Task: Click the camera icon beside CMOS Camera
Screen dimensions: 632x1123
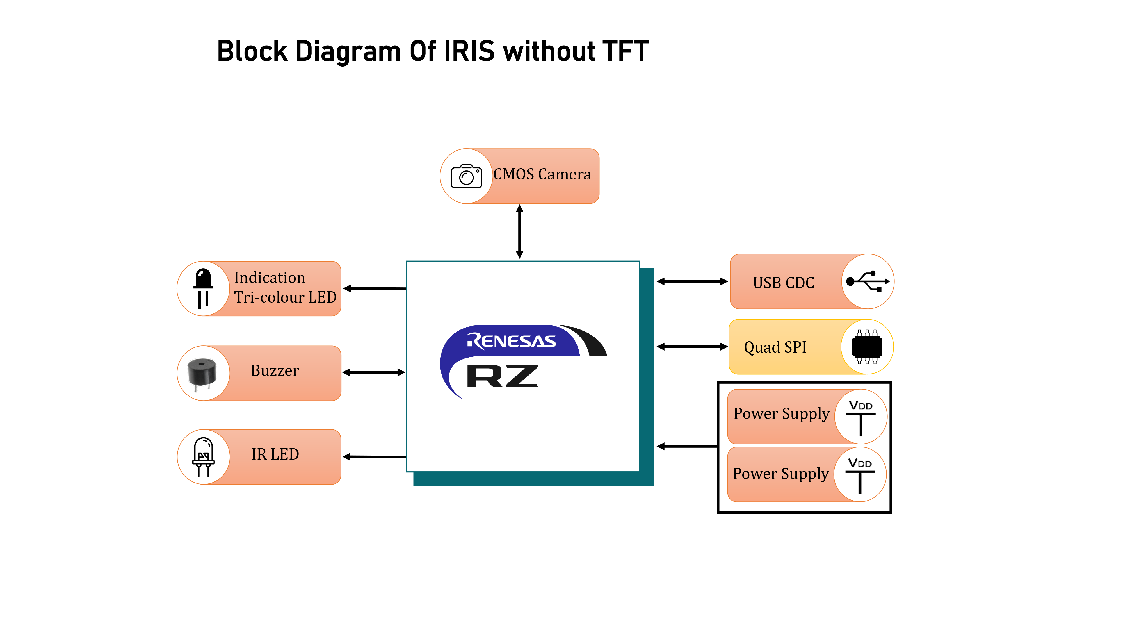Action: tap(466, 176)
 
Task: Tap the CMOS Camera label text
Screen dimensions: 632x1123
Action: tap(542, 174)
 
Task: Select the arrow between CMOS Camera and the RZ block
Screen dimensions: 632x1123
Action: tap(519, 232)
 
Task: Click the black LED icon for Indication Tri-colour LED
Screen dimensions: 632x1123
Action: tap(203, 288)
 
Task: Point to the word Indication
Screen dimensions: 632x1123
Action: tap(270, 278)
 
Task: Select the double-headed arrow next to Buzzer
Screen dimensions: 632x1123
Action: tap(374, 372)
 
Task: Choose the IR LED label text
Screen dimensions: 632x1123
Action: tap(275, 454)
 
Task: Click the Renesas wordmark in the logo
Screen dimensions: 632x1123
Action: tap(511, 341)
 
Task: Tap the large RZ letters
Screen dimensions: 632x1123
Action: tap(502, 376)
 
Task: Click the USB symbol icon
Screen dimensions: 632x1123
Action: tap(867, 282)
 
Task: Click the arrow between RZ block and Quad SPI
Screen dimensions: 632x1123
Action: tap(692, 347)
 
